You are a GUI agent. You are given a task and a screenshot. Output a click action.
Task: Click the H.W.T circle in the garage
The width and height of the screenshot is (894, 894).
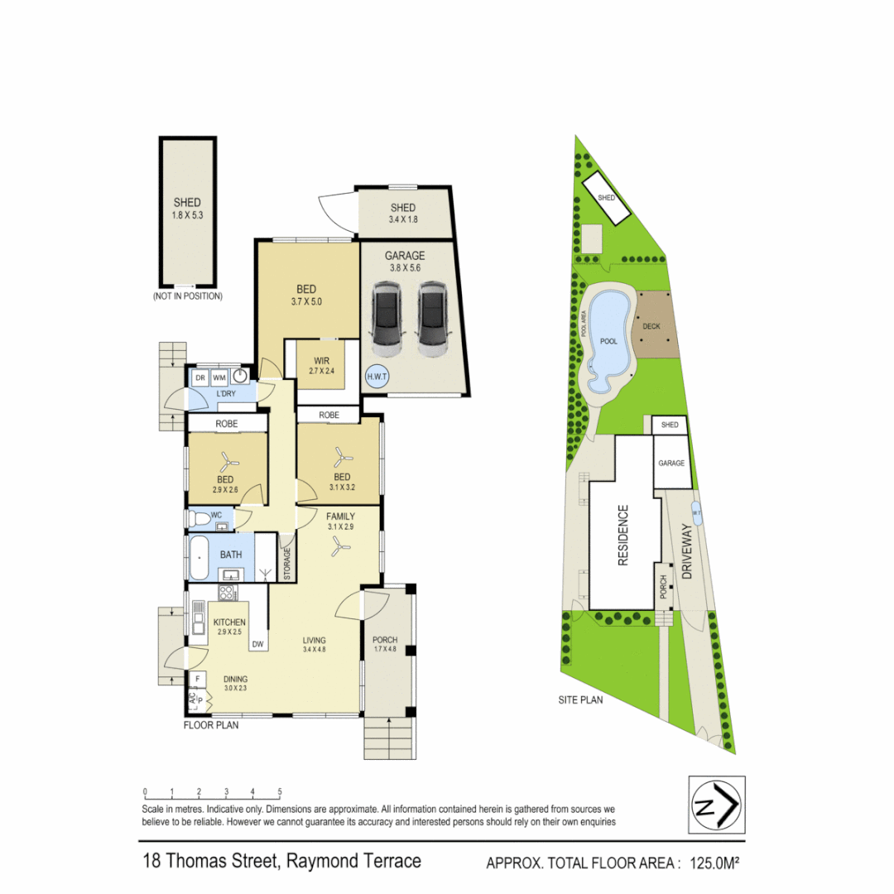click(377, 376)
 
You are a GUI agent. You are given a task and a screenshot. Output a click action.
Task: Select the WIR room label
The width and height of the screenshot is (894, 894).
click(322, 360)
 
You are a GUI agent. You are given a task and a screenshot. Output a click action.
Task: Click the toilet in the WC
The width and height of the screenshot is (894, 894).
click(199, 518)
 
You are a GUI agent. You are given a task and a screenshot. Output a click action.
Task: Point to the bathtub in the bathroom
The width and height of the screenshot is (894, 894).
click(199, 559)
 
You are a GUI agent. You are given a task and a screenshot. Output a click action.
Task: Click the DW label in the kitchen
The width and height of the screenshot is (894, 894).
click(257, 644)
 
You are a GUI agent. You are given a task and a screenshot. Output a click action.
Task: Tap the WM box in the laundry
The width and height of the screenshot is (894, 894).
click(219, 378)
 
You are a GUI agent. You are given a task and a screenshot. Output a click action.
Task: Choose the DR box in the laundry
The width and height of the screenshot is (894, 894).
click(199, 378)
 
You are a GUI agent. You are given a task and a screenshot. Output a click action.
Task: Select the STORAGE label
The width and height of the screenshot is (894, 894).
click(287, 563)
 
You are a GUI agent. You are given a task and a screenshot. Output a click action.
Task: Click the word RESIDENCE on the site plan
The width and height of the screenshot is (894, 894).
click(624, 535)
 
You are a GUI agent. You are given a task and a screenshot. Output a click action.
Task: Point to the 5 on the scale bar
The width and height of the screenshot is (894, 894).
click(280, 791)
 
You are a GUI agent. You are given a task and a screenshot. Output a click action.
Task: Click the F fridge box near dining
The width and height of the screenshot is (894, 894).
click(197, 680)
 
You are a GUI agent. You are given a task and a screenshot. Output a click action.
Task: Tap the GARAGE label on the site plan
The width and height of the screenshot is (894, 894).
click(671, 463)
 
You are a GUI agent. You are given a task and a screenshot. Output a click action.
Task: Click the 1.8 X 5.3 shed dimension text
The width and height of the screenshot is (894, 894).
click(187, 214)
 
